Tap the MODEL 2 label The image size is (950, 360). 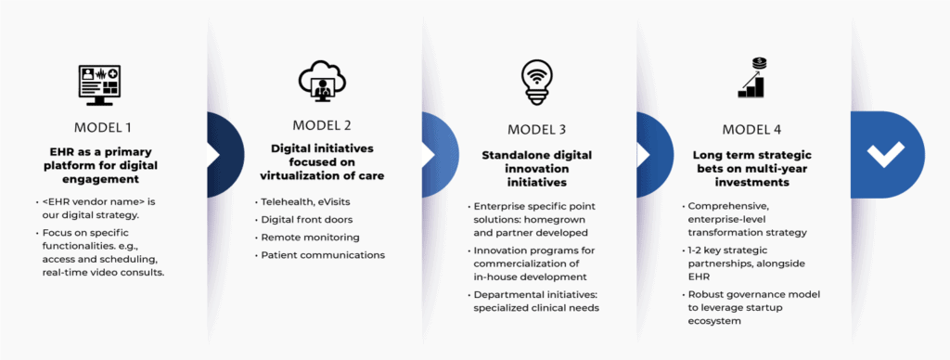(x=322, y=125)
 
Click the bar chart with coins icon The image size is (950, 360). (x=753, y=78)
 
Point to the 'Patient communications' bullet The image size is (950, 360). (x=323, y=254)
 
